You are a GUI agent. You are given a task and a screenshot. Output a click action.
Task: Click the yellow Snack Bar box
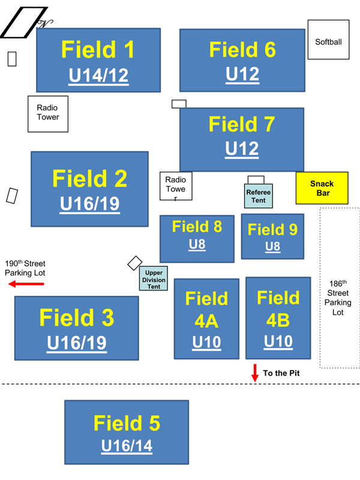[322, 188]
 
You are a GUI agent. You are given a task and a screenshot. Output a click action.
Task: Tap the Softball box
[328, 40]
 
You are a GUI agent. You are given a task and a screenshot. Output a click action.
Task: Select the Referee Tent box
[258, 196]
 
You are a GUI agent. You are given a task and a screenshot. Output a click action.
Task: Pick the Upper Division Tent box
[154, 279]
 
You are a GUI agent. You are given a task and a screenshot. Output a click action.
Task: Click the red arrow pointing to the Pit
[255, 373]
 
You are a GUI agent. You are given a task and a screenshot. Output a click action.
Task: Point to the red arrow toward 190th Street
[26, 284]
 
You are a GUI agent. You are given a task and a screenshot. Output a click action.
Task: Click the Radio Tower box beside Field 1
[48, 113]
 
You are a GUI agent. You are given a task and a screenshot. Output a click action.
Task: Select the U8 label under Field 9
[272, 246]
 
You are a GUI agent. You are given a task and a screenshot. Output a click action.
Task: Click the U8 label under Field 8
[197, 244]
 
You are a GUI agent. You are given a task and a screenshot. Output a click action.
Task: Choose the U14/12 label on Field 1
[98, 76]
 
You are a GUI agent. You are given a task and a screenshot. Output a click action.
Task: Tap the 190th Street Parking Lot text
[25, 268]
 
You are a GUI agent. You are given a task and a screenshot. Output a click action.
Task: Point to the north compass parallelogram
[24, 22]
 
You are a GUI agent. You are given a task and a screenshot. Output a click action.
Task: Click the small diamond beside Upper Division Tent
[135, 263]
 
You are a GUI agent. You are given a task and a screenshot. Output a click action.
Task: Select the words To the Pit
[281, 373]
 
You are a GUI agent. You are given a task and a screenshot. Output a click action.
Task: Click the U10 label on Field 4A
[206, 343]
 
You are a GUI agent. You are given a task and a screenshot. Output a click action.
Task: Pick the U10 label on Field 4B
[278, 341]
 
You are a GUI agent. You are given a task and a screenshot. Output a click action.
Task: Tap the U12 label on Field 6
[242, 74]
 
